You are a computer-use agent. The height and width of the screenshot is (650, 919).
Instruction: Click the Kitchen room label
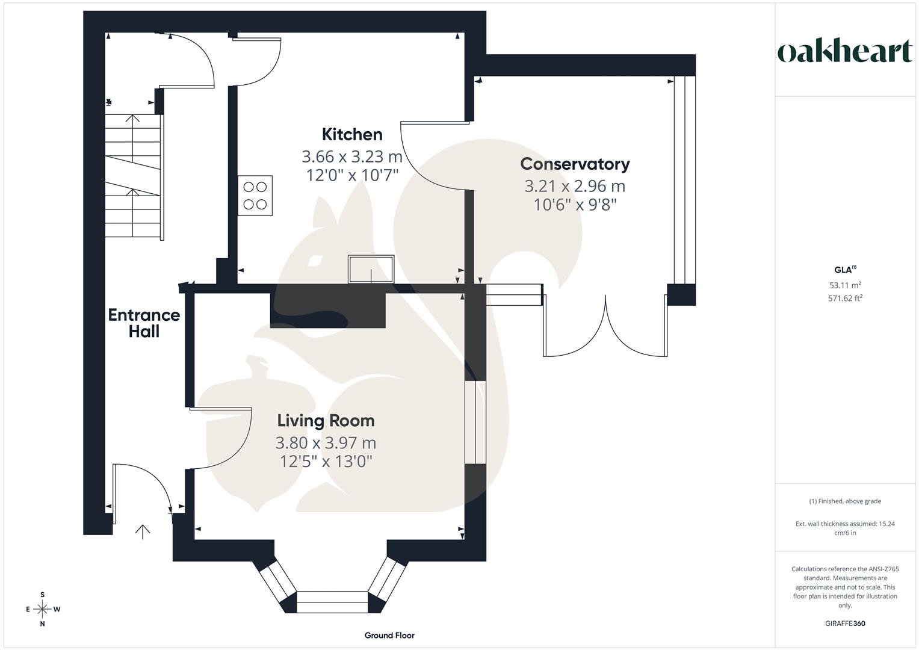click(352, 134)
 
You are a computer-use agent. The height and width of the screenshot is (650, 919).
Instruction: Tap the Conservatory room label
click(575, 164)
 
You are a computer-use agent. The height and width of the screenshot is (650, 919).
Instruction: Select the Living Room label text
click(326, 421)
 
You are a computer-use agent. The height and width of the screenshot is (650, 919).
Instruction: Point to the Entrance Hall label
click(144, 323)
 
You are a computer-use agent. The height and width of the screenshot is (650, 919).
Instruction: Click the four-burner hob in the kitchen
click(255, 196)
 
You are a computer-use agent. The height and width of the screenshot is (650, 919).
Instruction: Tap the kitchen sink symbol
click(371, 268)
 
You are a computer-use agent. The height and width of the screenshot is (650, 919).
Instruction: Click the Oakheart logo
click(845, 52)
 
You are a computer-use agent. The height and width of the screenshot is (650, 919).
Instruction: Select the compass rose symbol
click(43, 609)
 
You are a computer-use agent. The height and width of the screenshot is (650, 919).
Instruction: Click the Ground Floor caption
click(389, 635)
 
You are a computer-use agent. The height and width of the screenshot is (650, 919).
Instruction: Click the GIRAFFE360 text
click(845, 624)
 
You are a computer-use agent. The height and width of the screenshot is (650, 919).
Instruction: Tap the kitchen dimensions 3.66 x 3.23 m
click(352, 157)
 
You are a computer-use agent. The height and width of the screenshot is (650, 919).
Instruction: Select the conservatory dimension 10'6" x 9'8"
click(575, 205)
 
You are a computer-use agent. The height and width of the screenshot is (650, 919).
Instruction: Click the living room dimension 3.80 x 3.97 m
click(326, 443)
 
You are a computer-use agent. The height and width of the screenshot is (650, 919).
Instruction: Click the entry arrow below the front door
click(143, 531)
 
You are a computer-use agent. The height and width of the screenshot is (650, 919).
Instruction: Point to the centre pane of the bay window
click(332, 602)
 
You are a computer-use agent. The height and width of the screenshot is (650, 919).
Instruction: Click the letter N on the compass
click(43, 624)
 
